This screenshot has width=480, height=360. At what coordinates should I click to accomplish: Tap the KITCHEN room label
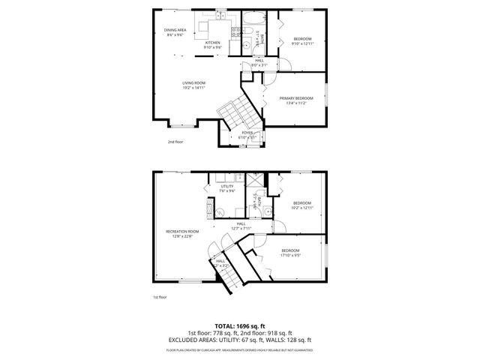click(213, 43)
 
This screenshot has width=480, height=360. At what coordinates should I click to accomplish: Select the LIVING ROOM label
click(193, 83)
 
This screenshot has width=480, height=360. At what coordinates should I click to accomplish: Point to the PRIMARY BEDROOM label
click(296, 98)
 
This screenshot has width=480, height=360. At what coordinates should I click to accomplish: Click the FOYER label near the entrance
click(247, 133)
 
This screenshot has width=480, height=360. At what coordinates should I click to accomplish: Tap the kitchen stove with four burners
click(237, 31)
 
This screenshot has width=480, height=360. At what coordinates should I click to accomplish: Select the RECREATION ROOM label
click(182, 232)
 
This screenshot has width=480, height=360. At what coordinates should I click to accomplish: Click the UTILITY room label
click(227, 186)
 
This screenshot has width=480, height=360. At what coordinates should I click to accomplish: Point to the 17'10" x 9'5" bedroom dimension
click(290, 255)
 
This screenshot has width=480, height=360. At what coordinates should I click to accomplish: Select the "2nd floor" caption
click(175, 141)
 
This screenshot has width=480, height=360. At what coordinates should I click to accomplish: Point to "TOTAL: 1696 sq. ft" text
click(239, 325)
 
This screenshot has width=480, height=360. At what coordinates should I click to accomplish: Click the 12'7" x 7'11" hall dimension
click(241, 228)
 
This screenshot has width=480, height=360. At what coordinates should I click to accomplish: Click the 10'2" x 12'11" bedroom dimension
click(301, 207)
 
